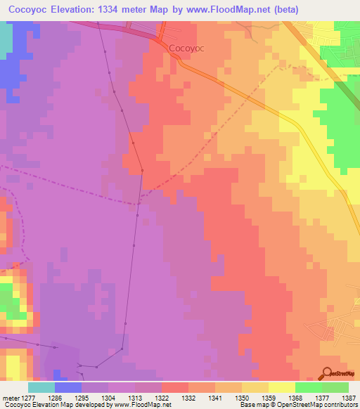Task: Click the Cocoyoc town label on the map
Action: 187,48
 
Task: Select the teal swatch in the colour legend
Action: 41,387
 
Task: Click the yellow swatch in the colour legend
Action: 282,387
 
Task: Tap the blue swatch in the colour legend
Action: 68,387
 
